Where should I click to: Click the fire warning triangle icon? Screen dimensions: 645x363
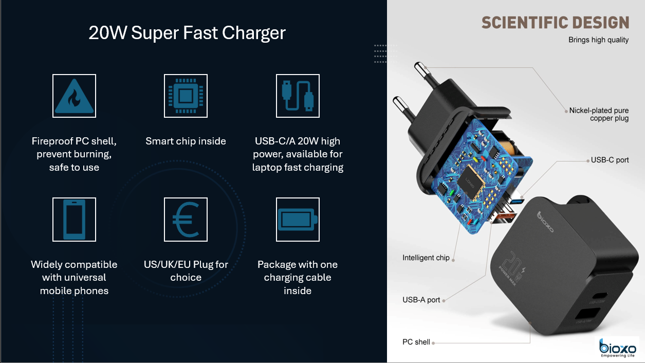pos(75,96)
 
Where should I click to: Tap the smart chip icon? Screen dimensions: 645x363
pos(186,96)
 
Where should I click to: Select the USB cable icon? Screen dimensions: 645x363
pos(298,96)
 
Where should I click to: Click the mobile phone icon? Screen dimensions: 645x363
pos(75,220)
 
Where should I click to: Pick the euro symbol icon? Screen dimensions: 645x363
pos(186,220)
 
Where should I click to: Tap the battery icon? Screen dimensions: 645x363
pos(298,220)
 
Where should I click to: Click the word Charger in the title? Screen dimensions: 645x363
pos(253,33)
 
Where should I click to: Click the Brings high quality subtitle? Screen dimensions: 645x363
pos(598,40)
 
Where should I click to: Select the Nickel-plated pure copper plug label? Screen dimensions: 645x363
pos(599,114)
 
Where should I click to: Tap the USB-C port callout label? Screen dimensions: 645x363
pos(610,160)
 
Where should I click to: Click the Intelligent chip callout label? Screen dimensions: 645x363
pos(426,258)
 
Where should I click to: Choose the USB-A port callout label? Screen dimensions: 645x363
pos(421,300)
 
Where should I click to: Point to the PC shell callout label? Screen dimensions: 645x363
pos(416,342)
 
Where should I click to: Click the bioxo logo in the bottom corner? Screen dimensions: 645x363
pos(617,348)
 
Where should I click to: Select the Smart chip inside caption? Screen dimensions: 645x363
pos(186,141)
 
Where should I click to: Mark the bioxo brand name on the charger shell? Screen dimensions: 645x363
pos(545,222)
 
